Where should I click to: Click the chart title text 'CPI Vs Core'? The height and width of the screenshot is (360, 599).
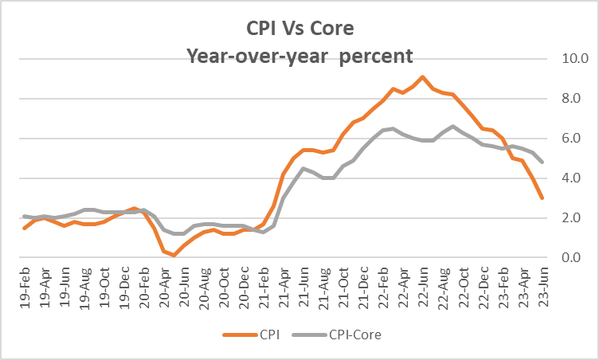pyautogui.click(x=299, y=29)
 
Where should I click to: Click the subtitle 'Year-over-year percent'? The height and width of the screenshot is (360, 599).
pyautogui.click(x=299, y=57)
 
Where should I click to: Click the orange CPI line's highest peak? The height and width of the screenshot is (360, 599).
pyautogui.click(x=422, y=76)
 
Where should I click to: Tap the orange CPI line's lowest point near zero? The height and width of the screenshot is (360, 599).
pyautogui.click(x=174, y=256)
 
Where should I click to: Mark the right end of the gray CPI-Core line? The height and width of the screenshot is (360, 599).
pyautogui.click(x=542, y=162)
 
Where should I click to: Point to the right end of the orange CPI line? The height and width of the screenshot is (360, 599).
pyautogui.click(x=542, y=198)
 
